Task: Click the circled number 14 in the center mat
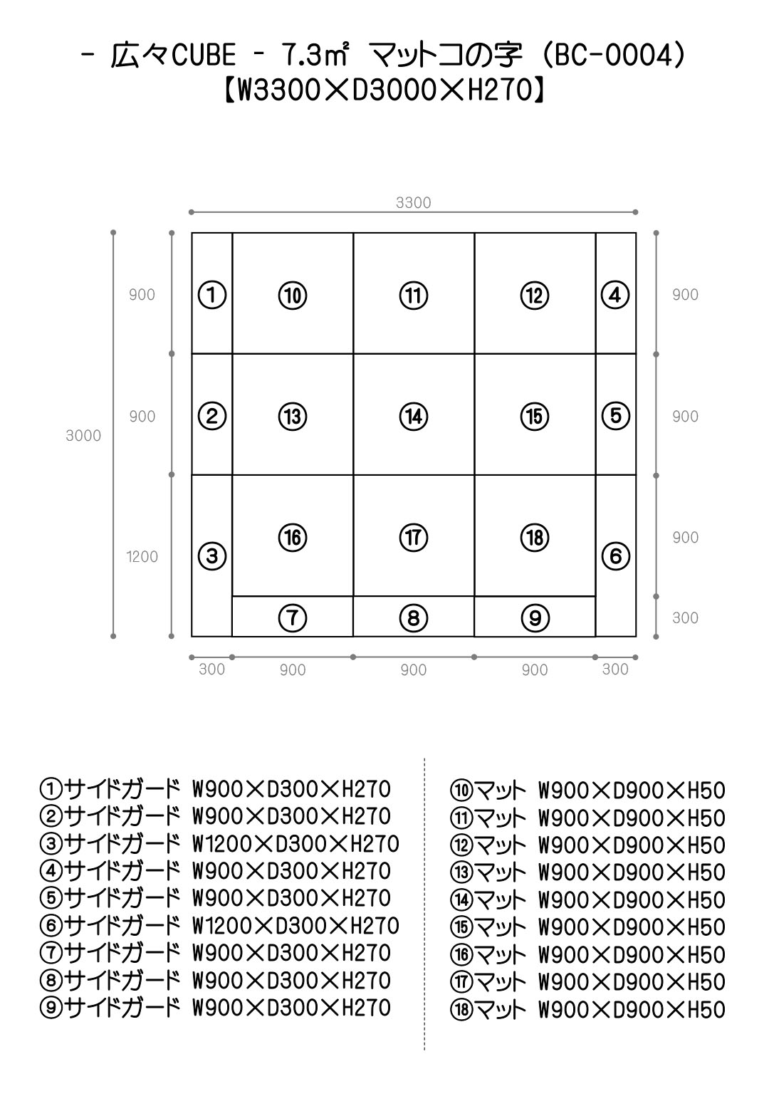click(414, 416)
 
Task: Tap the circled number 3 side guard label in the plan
click(212, 555)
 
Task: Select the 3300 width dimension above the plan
click(414, 203)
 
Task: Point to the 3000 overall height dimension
click(83, 436)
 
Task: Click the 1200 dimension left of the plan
click(142, 557)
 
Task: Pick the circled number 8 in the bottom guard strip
click(414, 617)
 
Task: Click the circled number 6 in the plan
click(616, 555)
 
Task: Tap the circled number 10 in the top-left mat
click(293, 295)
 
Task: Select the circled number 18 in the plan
click(535, 537)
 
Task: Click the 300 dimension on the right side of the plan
click(685, 617)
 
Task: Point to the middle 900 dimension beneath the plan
click(414, 670)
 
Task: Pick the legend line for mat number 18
click(587, 1010)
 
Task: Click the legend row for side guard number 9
click(216, 1008)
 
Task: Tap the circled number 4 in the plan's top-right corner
click(616, 295)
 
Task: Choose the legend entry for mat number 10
click(587, 791)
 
